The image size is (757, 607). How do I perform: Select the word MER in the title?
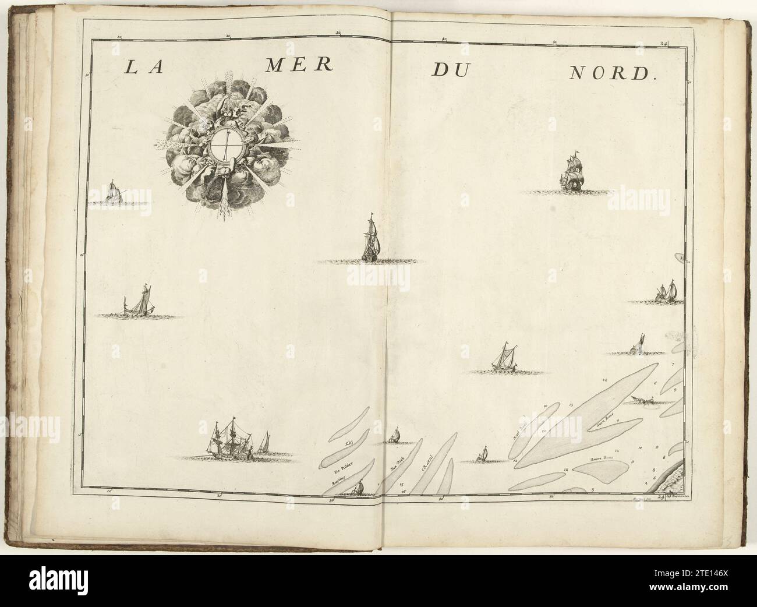click(x=297, y=65)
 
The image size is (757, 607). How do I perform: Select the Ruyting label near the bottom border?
click(x=339, y=482)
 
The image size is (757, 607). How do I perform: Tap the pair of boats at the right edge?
click(x=666, y=291)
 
